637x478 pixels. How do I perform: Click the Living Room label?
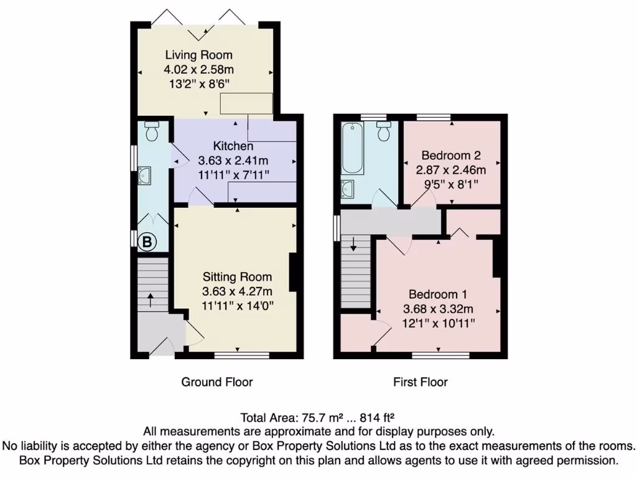198,55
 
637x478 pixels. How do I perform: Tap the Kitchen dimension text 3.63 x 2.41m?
233,160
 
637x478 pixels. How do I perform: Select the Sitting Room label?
237,277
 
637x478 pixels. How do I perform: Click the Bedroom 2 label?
451,155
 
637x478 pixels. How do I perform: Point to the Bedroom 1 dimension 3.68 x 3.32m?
439,309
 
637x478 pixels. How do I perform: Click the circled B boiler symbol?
147,242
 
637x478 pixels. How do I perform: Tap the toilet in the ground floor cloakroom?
152,131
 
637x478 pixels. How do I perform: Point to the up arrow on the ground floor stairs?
151,299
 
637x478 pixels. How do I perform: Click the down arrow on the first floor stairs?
353,243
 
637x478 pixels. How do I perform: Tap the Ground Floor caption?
216,382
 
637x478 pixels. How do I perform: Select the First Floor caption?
420,382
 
